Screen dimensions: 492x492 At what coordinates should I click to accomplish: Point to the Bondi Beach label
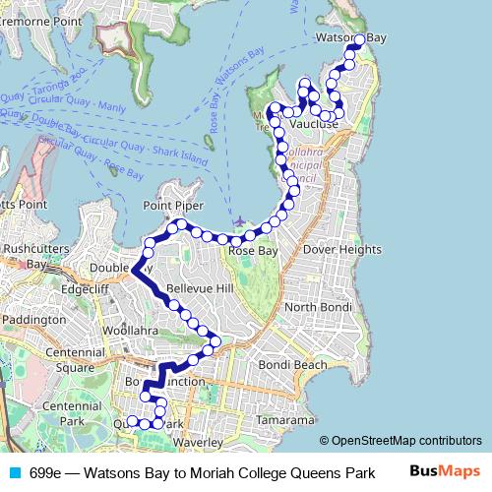[x=291, y=365]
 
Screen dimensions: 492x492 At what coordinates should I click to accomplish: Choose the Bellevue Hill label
[x=199, y=288]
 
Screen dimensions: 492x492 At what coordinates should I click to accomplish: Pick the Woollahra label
[x=130, y=331]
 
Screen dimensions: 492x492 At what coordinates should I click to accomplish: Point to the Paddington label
[x=32, y=320]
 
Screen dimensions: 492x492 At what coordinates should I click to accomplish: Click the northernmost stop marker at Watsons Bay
[x=359, y=39]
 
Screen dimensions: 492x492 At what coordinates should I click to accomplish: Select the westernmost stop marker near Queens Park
[x=132, y=422]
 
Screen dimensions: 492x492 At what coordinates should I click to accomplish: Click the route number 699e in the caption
[x=46, y=472]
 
